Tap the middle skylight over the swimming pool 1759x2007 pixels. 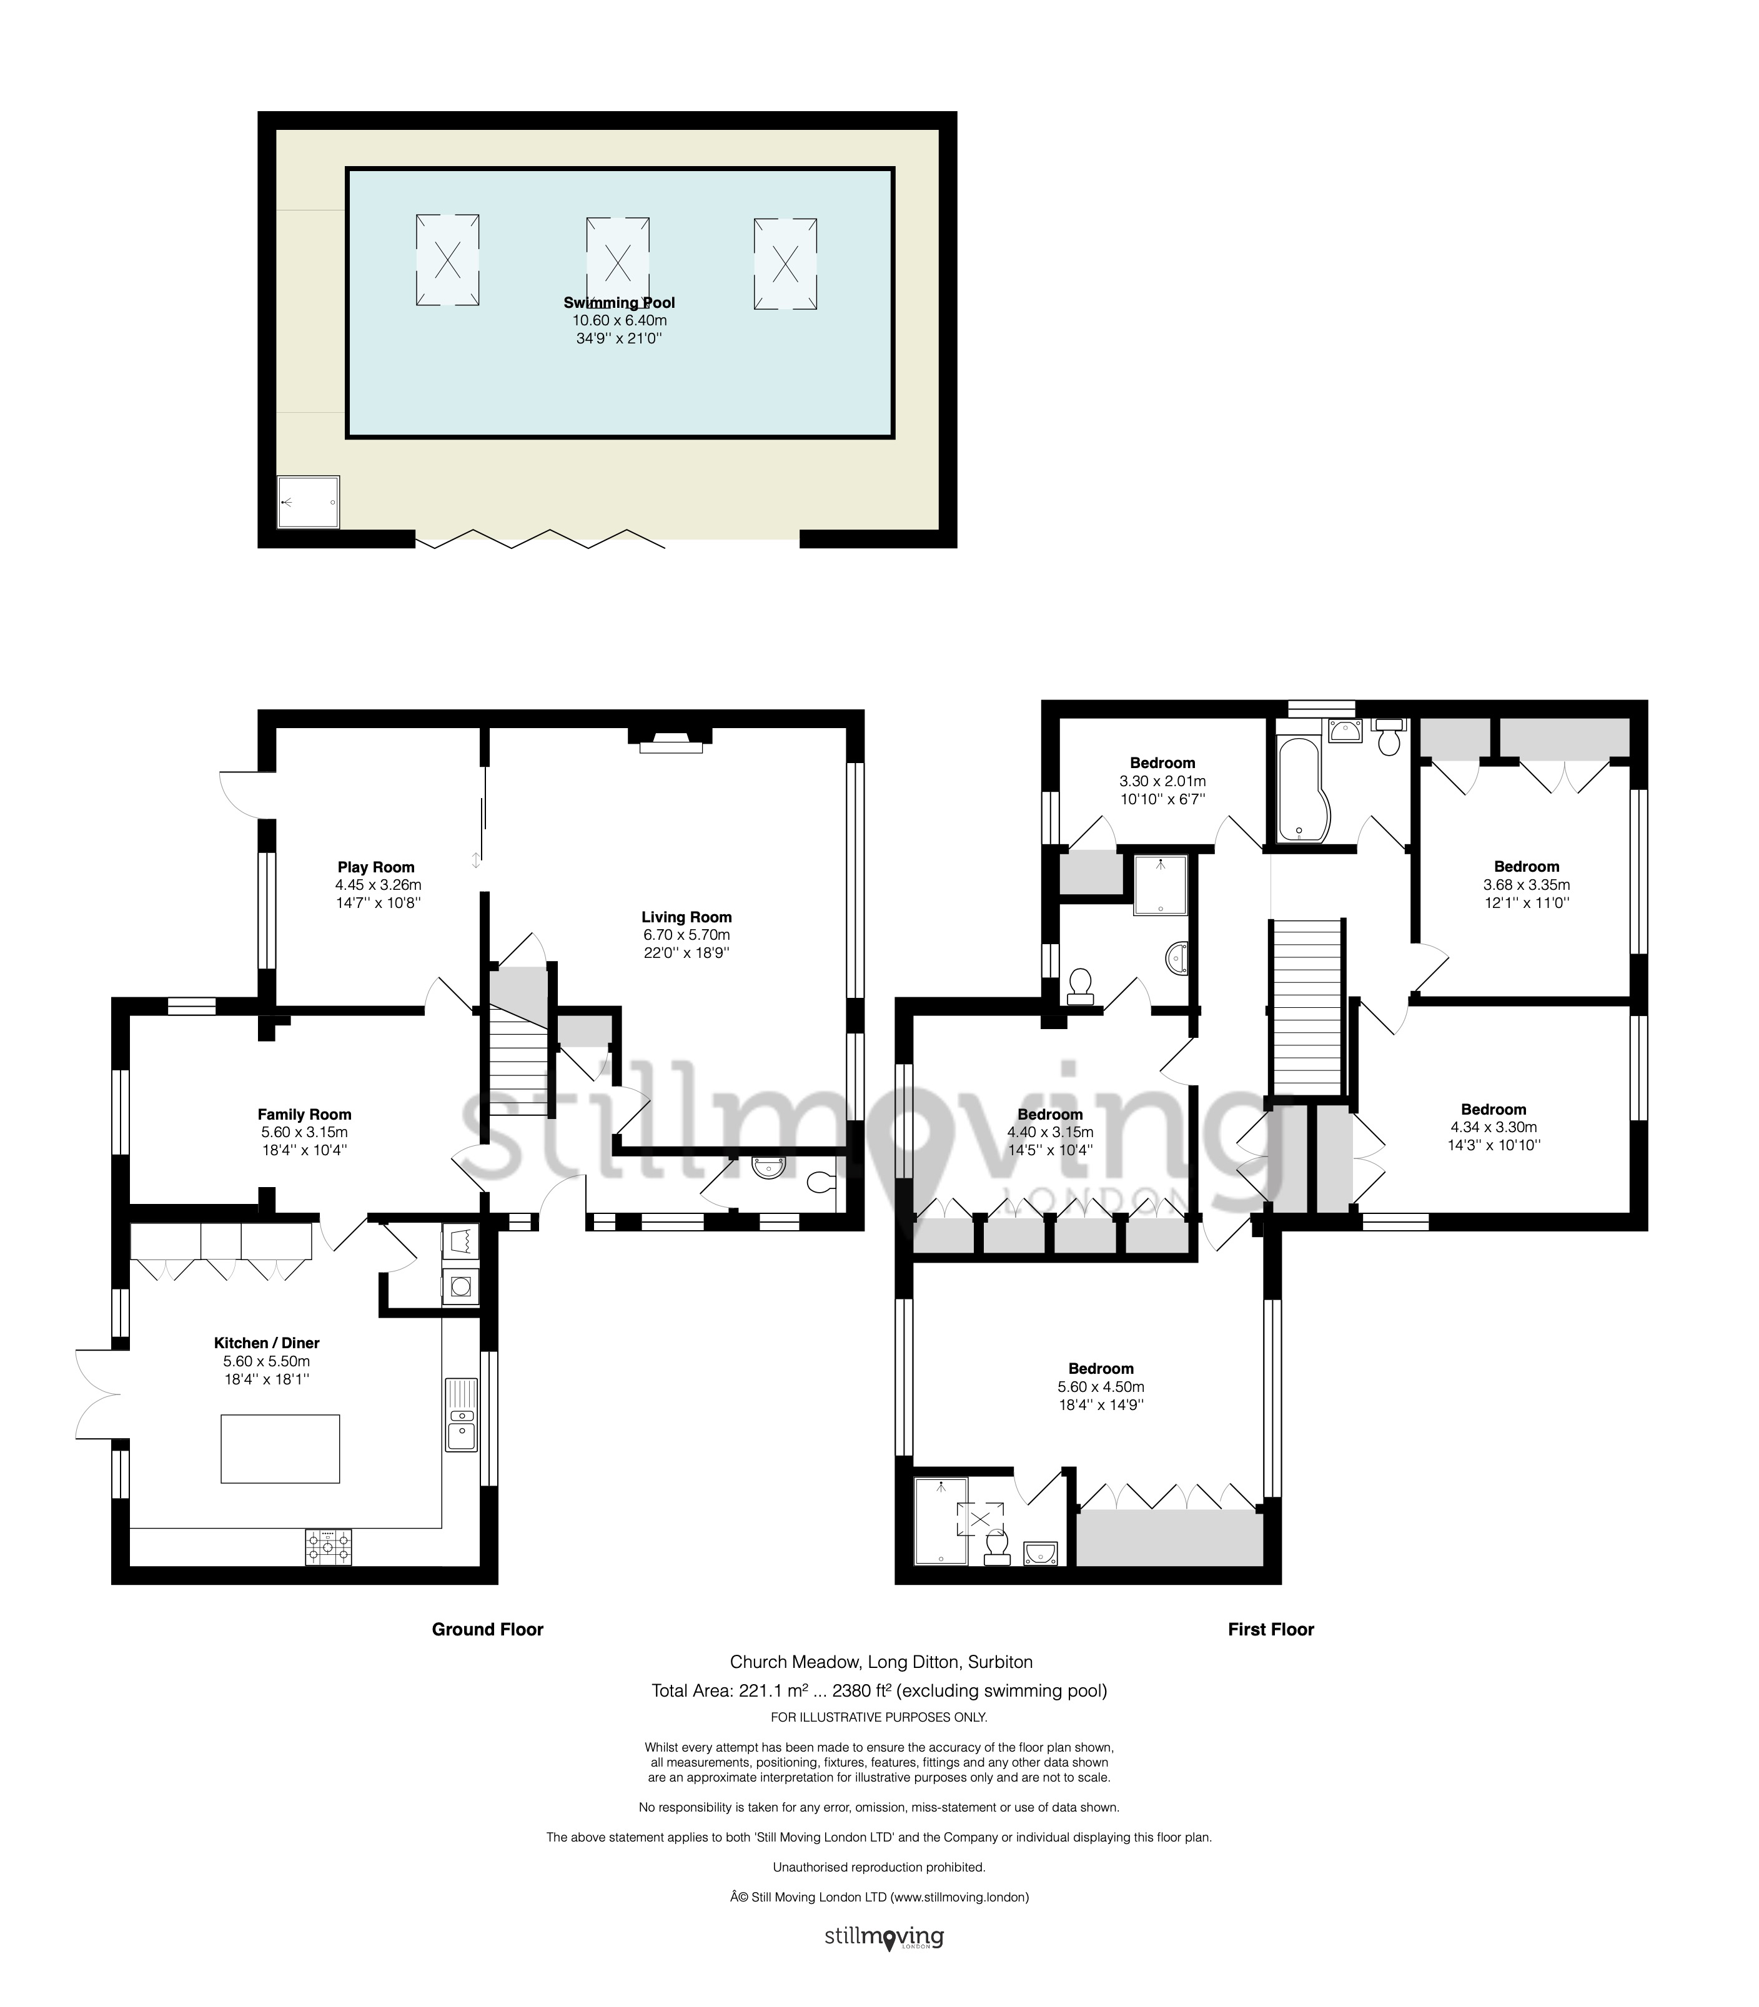[x=618, y=262]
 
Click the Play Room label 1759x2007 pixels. [x=376, y=867]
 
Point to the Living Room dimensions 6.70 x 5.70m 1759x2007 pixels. [x=686, y=935]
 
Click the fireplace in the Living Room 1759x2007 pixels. [x=671, y=741]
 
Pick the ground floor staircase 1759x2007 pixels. [x=518, y=1065]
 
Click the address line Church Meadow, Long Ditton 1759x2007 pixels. [x=881, y=1662]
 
